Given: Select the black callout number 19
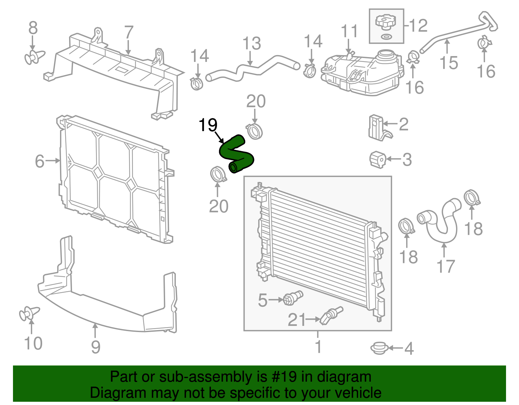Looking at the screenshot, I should click(x=208, y=125).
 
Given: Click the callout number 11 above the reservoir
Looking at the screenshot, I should click(x=349, y=31).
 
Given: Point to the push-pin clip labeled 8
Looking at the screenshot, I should click(x=34, y=57).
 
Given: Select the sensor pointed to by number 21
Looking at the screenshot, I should click(x=331, y=315).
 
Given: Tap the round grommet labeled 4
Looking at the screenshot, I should click(x=379, y=348).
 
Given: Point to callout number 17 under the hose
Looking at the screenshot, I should click(x=446, y=267).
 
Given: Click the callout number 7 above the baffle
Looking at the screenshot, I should click(x=129, y=32).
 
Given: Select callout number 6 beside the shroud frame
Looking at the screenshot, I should click(x=40, y=161).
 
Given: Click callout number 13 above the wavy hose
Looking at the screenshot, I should click(x=252, y=43).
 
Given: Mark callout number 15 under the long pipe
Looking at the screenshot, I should click(x=449, y=63).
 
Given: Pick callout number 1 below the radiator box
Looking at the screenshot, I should click(x=318, y=346).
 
